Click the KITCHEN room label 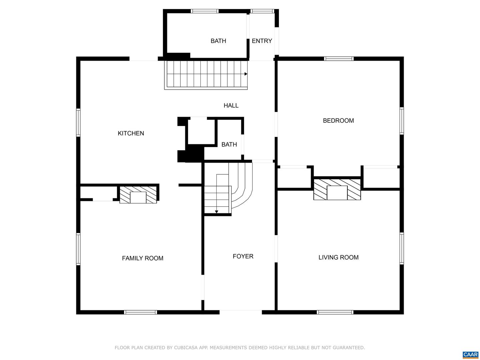pos(131,133)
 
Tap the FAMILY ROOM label pos(143,258)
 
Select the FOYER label pos(243,256)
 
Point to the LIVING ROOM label pos(338,257)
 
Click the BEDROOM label pos(338,121)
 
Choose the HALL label pos(231,106)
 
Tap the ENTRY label pos(262,41)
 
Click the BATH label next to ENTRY pos(218,41)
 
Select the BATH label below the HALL pos(229,144)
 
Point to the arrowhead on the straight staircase pos(246,74)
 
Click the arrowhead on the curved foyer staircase pos(216,212)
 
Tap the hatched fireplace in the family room pos(138,195)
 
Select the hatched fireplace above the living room pos(337,189)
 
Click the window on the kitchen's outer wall pos(78,123)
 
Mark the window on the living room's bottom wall pos(335,312)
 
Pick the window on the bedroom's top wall pos(339,59)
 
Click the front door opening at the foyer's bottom pos(241,312)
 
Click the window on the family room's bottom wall pos(140,312)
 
